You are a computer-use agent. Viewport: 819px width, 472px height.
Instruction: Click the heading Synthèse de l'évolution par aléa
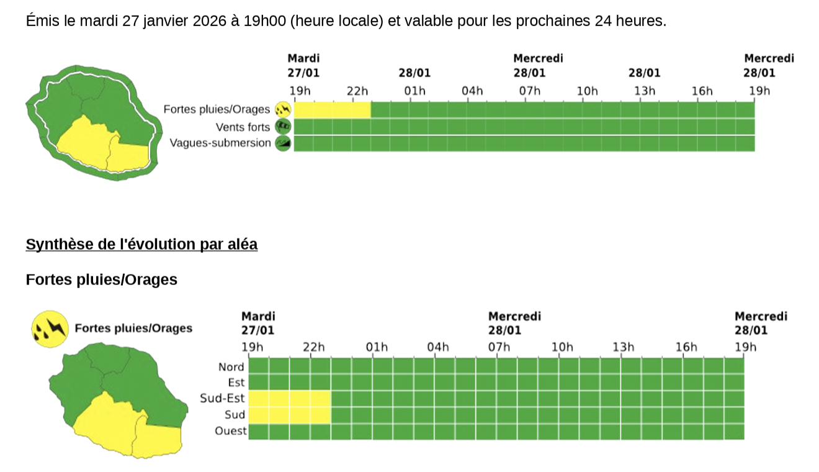[x=141, y=245]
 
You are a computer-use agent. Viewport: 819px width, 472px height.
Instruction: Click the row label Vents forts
[x=243, y=127]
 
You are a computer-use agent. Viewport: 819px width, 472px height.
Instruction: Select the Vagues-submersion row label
[x=220, y=143]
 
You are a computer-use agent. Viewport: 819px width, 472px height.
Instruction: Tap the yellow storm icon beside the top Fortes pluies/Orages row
[x=284, y=110]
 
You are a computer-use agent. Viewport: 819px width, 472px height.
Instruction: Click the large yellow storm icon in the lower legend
[x=49, y=329]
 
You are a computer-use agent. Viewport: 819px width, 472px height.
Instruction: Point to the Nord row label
[x=231, y=367]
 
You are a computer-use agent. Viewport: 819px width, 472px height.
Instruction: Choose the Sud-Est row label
[x=222, y=399]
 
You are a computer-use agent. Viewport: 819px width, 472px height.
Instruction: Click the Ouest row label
[x=230, y=431]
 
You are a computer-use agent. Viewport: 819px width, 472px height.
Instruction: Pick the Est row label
[x=236, y=383]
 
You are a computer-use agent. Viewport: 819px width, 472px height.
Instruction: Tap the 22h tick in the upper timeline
[x=357, y=92]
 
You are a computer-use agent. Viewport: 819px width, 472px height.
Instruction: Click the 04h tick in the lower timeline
[x=437, y=347]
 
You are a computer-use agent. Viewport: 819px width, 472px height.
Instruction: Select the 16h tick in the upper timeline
[x=702, y=92]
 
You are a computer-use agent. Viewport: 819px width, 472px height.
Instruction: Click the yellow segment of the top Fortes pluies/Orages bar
[x=332, y=110]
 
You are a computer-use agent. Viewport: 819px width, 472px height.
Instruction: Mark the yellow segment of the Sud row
[x=290, y=415]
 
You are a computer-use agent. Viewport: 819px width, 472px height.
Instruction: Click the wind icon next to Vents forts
[x=284, y=127]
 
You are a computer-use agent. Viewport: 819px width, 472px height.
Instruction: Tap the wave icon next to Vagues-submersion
[x=284, y=143]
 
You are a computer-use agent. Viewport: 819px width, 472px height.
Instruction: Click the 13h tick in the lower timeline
[x=623, y=347]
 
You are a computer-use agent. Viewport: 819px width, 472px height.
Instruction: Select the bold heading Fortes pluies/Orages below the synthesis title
[x=101, y=280]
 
